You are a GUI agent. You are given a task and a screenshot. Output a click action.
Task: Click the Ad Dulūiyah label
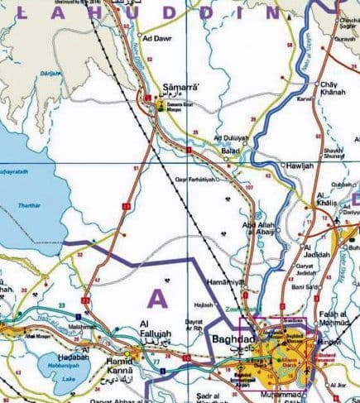point(230,137)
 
